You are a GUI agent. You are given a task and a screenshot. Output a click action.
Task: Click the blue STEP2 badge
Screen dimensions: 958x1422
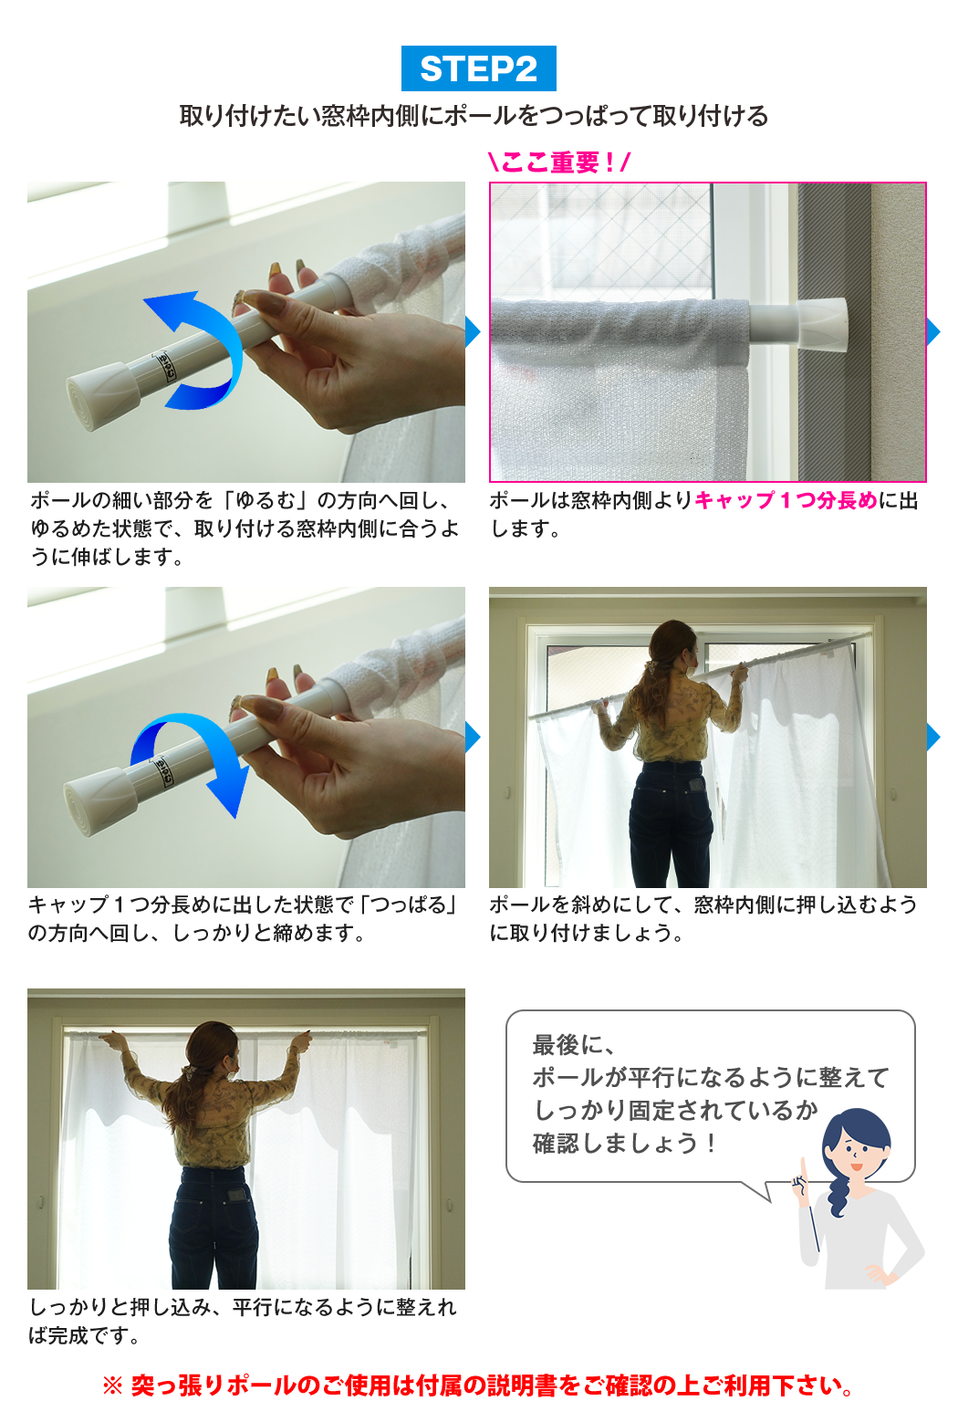[x=478, y=68]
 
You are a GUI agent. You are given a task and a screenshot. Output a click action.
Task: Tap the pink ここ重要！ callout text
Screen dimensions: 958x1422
[x=559, y=162]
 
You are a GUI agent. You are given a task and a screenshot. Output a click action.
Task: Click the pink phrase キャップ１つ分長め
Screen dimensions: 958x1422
[x=786, y=501]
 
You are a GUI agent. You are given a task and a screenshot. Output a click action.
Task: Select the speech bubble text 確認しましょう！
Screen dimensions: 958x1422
[x=626, y=1144]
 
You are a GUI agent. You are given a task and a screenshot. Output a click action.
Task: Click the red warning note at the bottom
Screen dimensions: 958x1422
[x=479, y=1385]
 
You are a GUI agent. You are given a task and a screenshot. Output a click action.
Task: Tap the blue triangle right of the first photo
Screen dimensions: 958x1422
[x=474, y=331]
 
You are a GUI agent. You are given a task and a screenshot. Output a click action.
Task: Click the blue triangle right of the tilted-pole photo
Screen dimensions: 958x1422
[x=933, y=737]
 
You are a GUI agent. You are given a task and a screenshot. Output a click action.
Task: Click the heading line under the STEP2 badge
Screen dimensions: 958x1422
[x=474, y=117]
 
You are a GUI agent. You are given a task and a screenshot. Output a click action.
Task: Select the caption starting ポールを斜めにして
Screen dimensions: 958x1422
[x=703, y=918]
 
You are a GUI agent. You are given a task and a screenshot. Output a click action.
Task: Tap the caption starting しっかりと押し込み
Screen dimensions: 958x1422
[x=243, y=1322]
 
